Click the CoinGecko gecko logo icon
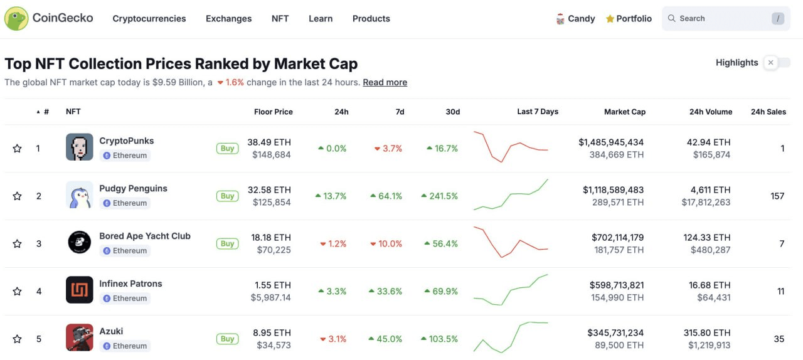coord(16,19)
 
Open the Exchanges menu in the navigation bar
coord(228,19)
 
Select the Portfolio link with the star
coord(629,19)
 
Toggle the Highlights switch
coord(777,63)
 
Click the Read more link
coord(385,82)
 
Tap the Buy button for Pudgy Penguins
coord(227,196)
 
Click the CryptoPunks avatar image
coord(80,147)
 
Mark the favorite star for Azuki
coord(18,339)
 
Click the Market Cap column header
coord(624,112)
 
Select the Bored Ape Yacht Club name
coord(145,236)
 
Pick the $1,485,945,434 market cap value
coord(611,142)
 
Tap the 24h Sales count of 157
coord(777,196)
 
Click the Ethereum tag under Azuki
coord(125,346)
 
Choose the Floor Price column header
coord(273,112)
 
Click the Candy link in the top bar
coord(575,19)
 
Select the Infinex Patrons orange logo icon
coord(80,290)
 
